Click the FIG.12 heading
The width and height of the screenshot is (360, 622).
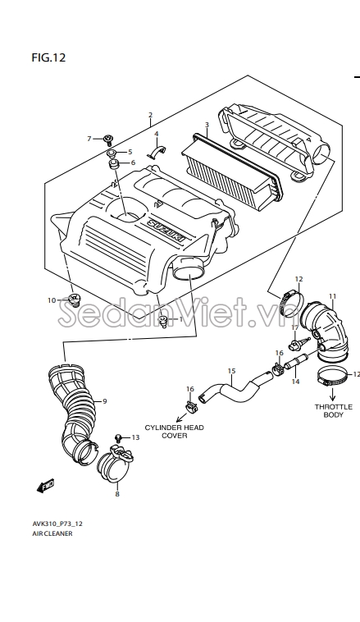pos(48,58)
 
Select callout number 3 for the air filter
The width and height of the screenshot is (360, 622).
pos(207,125)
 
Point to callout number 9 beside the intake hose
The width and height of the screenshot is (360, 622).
pos(105,401)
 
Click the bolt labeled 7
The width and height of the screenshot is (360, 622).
pos(108,139)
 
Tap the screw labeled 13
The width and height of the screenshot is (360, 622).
pos(118,437)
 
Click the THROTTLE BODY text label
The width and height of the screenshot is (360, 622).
pos(334,410)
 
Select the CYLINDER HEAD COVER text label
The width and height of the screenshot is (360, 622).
pos(174,431)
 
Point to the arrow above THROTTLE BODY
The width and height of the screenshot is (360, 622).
pos(332,394)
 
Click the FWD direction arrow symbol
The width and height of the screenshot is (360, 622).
pos(45,486)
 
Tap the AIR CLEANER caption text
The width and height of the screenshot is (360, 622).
pos(52,533)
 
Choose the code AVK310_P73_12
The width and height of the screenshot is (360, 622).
pos(57,524)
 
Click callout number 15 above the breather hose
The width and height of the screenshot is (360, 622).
pos(231,371)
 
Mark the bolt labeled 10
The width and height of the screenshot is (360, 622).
pos(74,300)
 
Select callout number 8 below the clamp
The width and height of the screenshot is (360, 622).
pos(117,494)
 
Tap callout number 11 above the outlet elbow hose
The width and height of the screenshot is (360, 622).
pos(332,296)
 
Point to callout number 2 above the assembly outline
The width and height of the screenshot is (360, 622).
pos(150,115)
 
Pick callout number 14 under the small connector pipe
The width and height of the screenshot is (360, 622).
pos(295,382)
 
